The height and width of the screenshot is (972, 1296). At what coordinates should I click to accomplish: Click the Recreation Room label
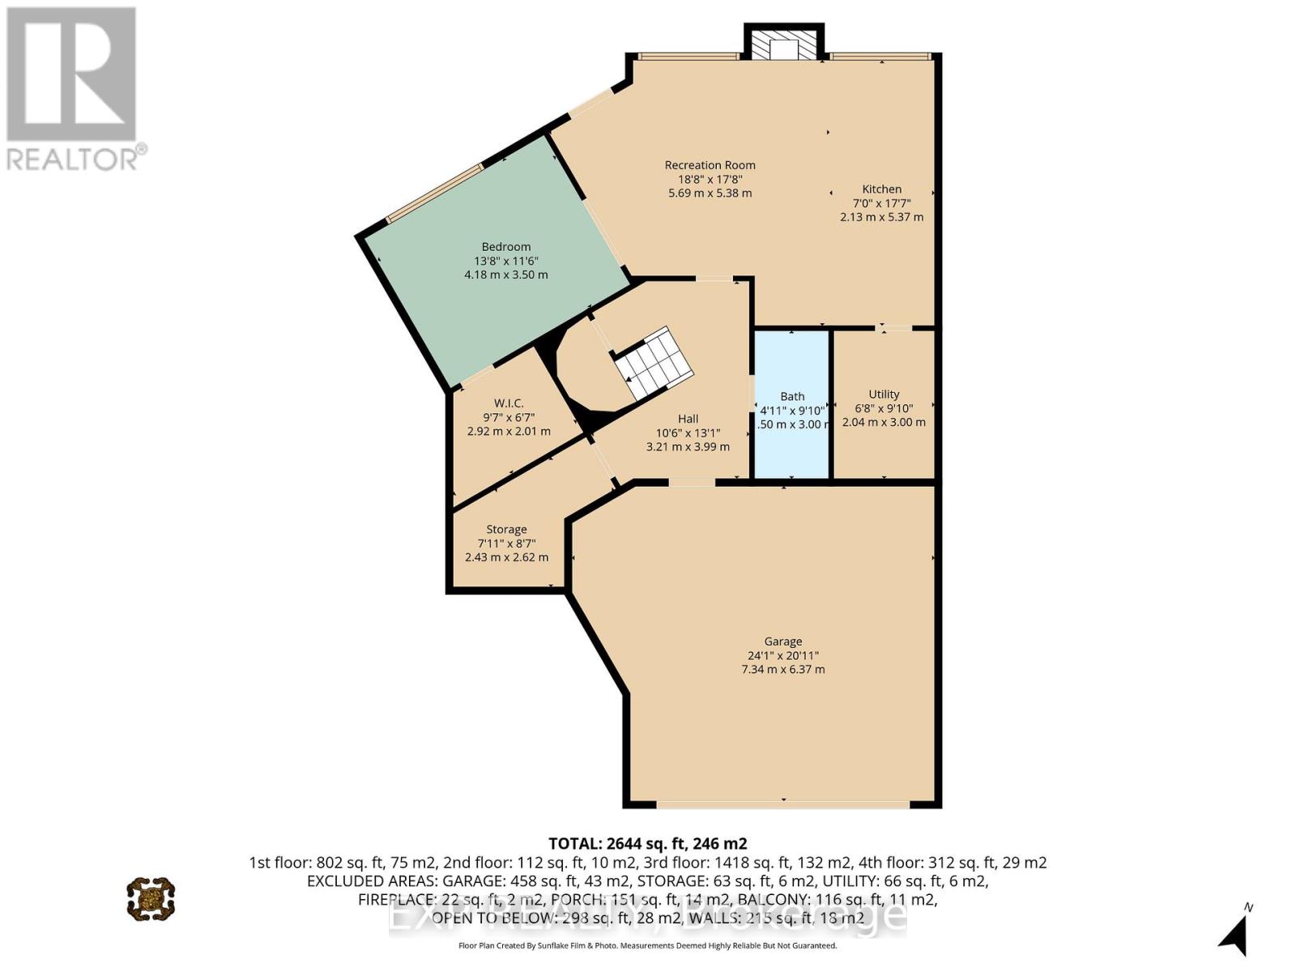[x=710, y=165]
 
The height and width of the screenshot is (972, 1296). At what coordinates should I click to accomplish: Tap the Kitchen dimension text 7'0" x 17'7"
[x=881, y=203]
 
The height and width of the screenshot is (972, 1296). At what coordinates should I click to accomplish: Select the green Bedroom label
[x=506, y=247]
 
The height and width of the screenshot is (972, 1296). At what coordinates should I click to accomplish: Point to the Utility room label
[x=884, y=394]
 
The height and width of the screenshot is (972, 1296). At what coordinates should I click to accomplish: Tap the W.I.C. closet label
[x=509, y=403]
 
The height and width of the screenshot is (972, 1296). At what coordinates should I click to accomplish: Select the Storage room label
[x=506, y=530]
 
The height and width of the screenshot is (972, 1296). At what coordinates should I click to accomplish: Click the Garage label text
[x=782, y=642]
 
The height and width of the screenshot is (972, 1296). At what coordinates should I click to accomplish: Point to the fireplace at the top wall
[x=784, y=45]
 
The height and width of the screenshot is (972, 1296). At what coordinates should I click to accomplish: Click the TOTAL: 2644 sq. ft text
[x=647, y=843]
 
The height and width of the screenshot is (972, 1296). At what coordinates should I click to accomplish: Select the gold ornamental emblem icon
[x=151, y=898]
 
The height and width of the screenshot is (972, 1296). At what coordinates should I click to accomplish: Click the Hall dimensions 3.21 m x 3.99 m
[x=688, y=447]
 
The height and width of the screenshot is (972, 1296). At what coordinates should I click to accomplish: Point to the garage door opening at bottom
[x=782, y=804]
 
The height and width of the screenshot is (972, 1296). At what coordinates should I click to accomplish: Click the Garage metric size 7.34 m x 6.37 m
[x=782, y=670]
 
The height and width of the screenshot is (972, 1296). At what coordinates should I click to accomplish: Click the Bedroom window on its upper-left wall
[x=434, y=193]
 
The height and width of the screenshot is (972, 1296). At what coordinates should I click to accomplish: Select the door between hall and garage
[x=692, y=483]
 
